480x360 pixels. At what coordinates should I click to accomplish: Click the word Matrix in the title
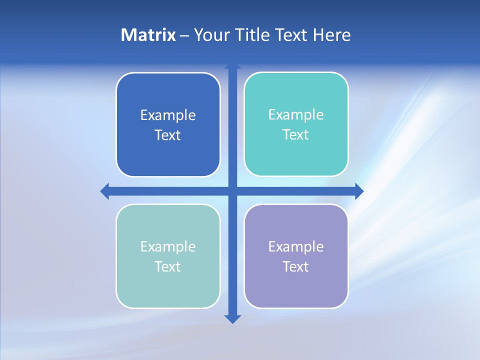(x=148, y=35)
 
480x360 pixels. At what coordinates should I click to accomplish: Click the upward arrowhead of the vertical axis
(x=232, y=66)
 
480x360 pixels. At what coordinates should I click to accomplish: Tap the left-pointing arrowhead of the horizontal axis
(x=105, y=191)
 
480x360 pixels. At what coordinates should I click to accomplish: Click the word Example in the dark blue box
(x=168, y=115)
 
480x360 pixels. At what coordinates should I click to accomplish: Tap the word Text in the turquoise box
(x=296, y=135)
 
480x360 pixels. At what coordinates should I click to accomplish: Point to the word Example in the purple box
(x=296, y=246)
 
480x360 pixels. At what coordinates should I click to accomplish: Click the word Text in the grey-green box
(x=168, y=266)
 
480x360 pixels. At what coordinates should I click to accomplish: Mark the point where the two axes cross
(x=232, y=191)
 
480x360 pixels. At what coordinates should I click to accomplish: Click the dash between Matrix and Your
(x=184, y=35)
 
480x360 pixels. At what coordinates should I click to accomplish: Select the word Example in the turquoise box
(x=296, y=115)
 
